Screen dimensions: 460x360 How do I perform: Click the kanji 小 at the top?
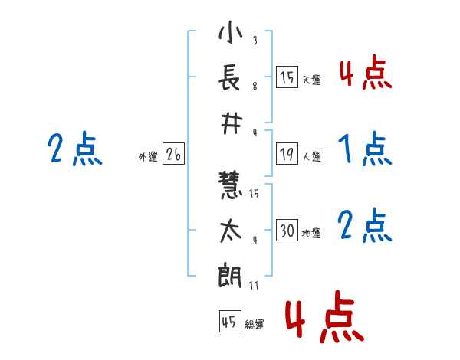click(x=230, y=31)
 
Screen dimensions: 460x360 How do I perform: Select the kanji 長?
click(x=230, y=77)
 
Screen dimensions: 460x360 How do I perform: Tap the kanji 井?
click(x=231, y=124)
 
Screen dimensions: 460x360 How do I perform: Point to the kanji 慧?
click(x=230, y=185)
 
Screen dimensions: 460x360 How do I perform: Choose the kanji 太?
click(x=231, y=231)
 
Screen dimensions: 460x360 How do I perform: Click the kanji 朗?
click(x=230, y=275)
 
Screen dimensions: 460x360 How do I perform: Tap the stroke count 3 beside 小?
click(x=255, y=40)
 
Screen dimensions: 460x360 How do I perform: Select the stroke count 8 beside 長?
click(x=255, y=87)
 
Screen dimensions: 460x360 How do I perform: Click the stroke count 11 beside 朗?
click(x=254, y=285)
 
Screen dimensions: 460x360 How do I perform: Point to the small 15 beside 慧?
click(x=254, y=193)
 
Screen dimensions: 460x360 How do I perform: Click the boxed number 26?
click(x=173, y=154)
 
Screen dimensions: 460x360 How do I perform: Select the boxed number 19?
click(x=287, y=154)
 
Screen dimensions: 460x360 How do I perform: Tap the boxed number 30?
click(x=287, y=230)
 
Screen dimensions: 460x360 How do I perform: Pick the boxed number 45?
click(x=230, y=321)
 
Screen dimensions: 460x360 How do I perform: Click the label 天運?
click(x=312, y=80)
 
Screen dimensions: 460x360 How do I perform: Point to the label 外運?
click(x=148, y=156)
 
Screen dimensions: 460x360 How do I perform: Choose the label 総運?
click(x=255, y=324)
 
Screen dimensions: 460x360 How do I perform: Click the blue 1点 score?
click(x=365, y=149)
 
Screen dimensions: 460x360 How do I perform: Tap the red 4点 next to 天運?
click(x=366, y=72)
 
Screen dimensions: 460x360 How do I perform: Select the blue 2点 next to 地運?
click(x=365, y=225)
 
